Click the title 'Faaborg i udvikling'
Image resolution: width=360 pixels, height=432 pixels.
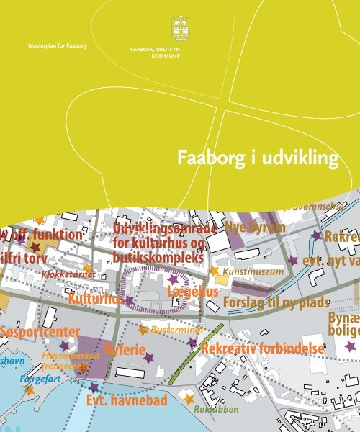click(259, 159)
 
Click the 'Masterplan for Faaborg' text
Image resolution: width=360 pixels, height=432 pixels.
click(57, 46)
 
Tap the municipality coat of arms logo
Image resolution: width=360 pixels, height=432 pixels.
click(180, 30)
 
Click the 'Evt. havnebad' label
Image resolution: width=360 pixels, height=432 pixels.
click(130, 400)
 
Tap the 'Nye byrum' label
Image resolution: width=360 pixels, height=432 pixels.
click(255, 228)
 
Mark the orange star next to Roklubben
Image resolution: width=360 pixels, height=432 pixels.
click(189, 398)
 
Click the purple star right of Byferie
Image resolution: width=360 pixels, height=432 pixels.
click(148, 357)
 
